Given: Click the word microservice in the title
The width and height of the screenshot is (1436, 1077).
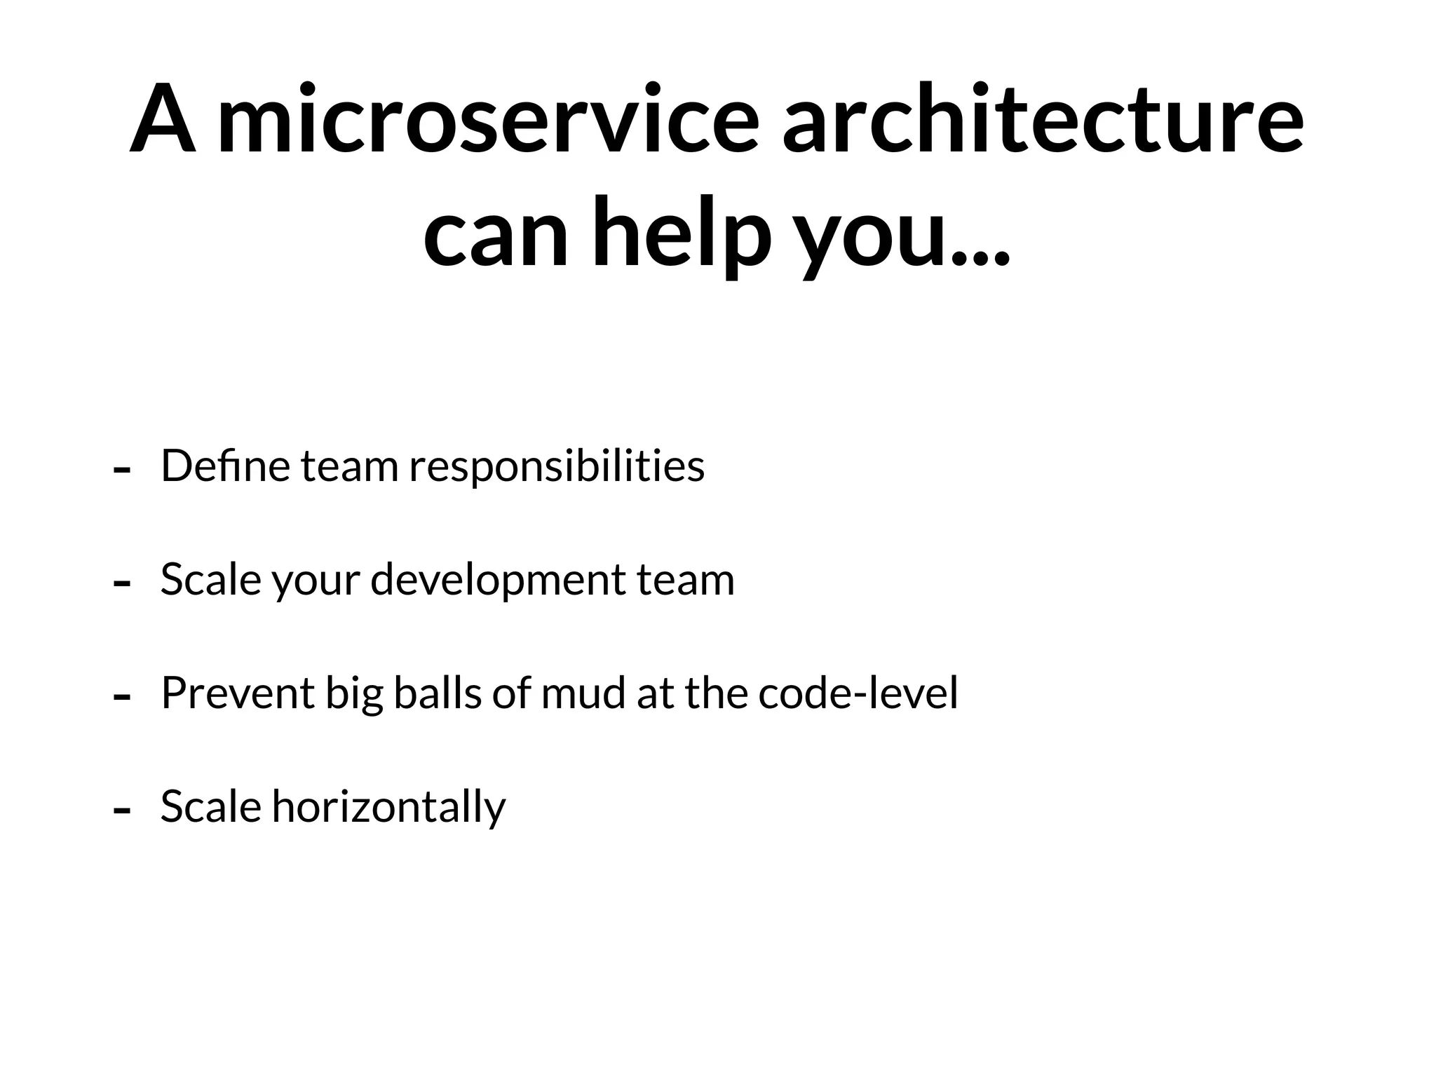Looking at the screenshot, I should [489, 119].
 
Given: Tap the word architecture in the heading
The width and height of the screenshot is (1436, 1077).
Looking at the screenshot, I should [1043, 119].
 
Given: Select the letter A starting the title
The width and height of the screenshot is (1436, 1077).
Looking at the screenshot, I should [163, 119].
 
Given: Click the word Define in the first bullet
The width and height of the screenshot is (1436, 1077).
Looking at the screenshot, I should [225, 466].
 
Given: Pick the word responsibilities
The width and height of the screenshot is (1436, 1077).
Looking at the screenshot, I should [557, 467].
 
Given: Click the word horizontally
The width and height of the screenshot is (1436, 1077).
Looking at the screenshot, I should [389, 808].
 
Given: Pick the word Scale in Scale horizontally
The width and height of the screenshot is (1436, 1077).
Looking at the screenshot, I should [210, 806].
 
